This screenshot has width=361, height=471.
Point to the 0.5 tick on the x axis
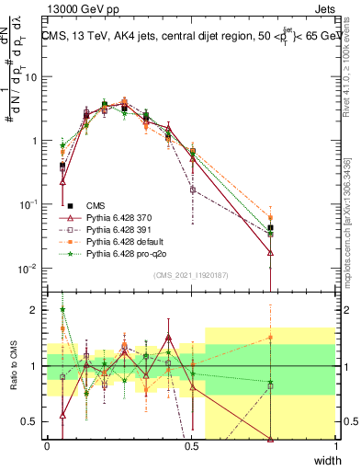pos(191,446)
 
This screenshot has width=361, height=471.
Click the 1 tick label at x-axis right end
pos(334,446)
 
